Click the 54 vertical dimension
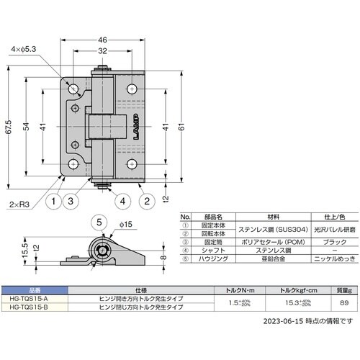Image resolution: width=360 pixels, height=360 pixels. pyautogui.click(x=27, y=126)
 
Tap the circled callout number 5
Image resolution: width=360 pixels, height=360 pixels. pyautogui.click(x=101, y=222)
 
